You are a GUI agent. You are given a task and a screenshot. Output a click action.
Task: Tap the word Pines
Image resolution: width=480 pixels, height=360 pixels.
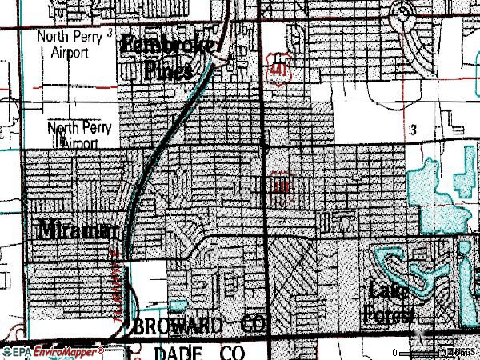[169, 70]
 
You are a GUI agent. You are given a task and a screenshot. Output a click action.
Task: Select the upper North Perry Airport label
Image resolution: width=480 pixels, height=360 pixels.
[67, 43]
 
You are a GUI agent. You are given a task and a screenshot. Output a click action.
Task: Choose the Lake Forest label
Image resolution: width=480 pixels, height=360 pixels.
[389, 302]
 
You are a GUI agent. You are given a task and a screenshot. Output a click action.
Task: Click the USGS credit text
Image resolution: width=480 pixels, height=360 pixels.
[462, 352]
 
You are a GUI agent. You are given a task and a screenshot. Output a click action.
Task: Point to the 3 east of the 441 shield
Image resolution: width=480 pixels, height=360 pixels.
[414, 128]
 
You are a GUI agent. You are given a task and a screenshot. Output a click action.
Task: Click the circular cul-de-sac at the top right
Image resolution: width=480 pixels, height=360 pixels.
[404, 10]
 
